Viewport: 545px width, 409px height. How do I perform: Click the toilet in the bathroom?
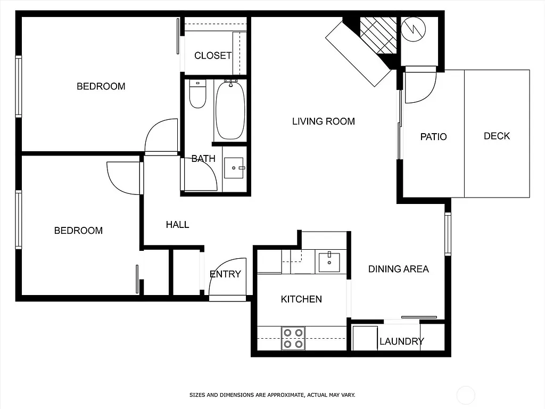197,94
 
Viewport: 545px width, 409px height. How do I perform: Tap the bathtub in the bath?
230,110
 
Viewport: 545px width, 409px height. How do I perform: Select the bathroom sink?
234,168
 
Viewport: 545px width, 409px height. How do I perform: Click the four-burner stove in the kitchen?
293,338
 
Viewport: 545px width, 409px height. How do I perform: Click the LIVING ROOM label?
323,121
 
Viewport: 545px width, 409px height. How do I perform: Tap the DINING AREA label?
398,269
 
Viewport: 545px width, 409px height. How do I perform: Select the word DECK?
497,136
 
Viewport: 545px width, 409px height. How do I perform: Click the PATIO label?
433,137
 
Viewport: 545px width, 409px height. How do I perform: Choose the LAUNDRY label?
401,341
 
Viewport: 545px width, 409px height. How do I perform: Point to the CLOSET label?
213,55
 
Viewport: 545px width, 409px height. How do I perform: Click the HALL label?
177,225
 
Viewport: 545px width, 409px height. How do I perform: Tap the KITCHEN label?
301,299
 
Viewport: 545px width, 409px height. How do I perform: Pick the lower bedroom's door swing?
123,178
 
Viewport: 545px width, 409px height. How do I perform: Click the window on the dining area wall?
448,234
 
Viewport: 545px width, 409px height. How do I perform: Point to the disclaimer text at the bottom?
272,395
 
